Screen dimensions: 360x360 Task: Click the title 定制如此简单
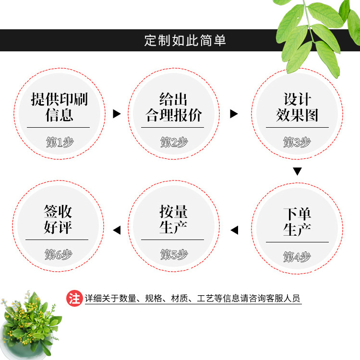[185, 40]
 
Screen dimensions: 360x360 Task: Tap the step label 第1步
[60, 142]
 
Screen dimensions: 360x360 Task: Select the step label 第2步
[174, 142]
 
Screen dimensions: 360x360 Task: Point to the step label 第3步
[297, 142]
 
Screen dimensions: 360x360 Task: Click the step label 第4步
[297, 257]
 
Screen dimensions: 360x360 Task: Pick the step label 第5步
[174, 254]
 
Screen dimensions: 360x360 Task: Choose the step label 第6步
[59, 254]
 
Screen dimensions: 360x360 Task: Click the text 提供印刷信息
[60, 107]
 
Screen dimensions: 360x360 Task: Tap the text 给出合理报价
[174, 107]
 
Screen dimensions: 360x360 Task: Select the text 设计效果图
[297, 107]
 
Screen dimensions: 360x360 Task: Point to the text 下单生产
[297, 221]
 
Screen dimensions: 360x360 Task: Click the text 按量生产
[173, 219]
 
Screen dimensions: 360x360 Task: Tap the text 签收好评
[58, 219]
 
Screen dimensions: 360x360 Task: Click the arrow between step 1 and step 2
[116, 114]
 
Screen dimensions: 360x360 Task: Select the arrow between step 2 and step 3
[234, 114]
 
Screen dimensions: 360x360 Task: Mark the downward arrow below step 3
[298, 171]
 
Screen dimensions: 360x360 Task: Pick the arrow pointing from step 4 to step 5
[234, 230]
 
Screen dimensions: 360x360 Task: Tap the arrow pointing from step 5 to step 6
[116, 230]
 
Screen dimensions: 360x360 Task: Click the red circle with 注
[74, 299]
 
